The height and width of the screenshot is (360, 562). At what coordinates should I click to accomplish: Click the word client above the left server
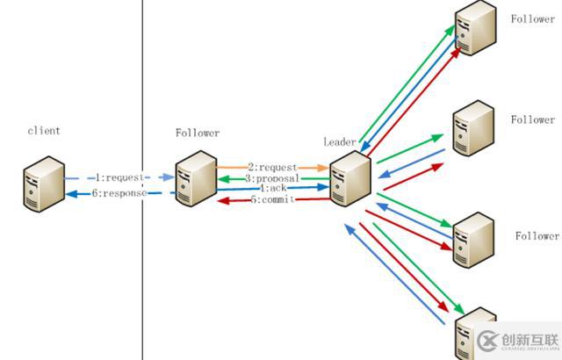tap(44, 131)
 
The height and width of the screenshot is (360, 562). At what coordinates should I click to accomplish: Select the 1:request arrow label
tap(118, 177)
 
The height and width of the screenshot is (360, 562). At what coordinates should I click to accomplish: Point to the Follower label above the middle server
tap(198, 133)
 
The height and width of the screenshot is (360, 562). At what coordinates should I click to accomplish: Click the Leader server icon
tap(349, 177)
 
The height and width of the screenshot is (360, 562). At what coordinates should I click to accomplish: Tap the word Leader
tap(340, 141)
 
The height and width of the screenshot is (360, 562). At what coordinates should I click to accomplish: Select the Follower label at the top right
tap(532, 18)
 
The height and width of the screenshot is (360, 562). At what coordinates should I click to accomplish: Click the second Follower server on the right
tap(473, 127)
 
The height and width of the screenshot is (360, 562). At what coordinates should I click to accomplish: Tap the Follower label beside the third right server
tap(537, 236)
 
